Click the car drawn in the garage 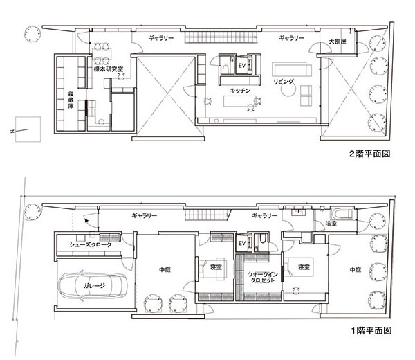[x=93, y=286]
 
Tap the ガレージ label [x=94, y=285]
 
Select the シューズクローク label [x=91, y=245]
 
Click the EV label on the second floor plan [x=242, y=66]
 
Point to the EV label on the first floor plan [x=242, y=243]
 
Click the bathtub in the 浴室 [x=342, y=214]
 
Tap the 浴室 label [x=331, y=224]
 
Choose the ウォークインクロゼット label [x=262, y=278]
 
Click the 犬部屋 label [x=338, y=42]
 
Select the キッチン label [x=240, y=91]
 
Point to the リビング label [x=284, y=81]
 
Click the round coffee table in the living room [x=288, y=89]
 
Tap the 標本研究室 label [x=109, y=69]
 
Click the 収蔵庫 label [x=71, y=100]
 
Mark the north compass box [x=28, y=129]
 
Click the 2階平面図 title [x=370, y=154]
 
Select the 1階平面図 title [x=371, y=331]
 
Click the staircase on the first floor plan [x=208, y=215]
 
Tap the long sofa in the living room [x=292, y=69]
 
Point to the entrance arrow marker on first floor [x=86, y=220]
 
